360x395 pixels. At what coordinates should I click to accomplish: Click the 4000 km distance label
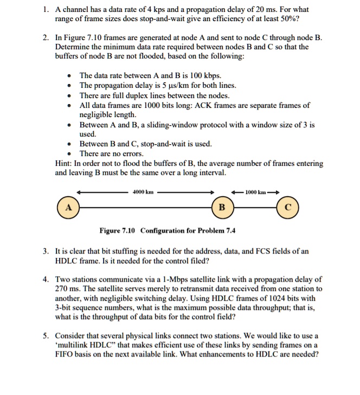pyautogui.click(x=144, y=192)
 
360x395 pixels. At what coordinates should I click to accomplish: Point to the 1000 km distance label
pyautogui.click(x=255, y=192)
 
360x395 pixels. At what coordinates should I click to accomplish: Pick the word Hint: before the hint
pyautogui.click(x=66, y=163)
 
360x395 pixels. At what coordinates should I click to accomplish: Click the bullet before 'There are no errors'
pyautogui.click(x=68, y=154)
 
